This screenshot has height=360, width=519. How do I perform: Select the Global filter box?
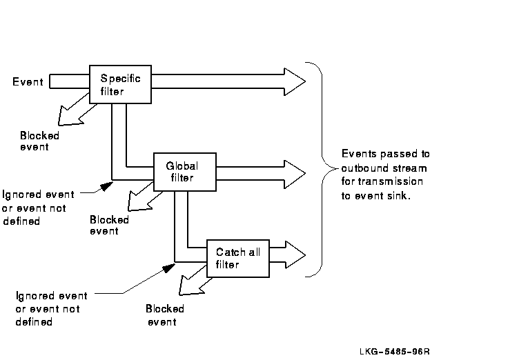click(x=184, y=172)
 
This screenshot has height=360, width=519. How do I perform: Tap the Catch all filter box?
click(x=236, y=258)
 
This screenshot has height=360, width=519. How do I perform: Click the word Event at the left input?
click(x=28, y=83)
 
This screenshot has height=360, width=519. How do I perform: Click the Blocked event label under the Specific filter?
click(x=39, y=141)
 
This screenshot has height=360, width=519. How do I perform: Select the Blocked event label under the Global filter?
click(x=109, y=226)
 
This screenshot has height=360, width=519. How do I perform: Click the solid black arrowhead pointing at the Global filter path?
click(x=106, y=186)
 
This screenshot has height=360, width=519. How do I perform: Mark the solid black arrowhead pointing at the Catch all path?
click(x=167, y=268)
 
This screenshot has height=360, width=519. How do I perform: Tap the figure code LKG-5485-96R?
click(x=394, y=350)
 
